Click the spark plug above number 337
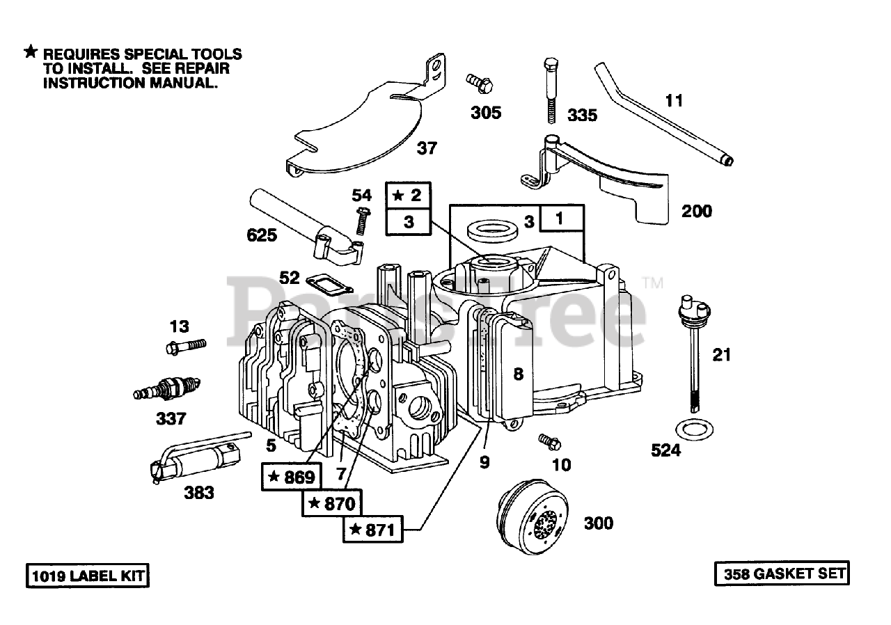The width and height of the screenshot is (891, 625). pos(166,389)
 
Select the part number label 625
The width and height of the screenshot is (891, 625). pos(262,235)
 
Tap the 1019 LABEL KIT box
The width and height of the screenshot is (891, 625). pos(88,576)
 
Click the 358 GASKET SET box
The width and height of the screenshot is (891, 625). pos(782,573)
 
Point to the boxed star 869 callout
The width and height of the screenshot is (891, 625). pos(291,477)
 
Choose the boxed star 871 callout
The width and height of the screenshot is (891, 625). pos(372,529)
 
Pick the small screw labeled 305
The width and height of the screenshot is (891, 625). pos(480,84)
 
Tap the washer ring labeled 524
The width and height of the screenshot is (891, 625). pos(694,429)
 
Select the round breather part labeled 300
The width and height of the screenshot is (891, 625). pos(533,517)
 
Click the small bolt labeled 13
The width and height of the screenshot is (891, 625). pos(186,347)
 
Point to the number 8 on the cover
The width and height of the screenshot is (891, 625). pos(519,374)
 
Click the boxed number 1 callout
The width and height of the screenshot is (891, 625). pos(561,219)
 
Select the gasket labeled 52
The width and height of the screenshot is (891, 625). pos(329,283)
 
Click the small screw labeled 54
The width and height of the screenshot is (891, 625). pos(363,220)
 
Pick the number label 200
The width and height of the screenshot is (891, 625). pos(697,211)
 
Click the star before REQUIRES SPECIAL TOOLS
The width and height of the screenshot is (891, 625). pos(31,52)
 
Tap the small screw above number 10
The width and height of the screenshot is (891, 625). pos(549,442)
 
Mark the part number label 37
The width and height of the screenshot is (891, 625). pos(427,148)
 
